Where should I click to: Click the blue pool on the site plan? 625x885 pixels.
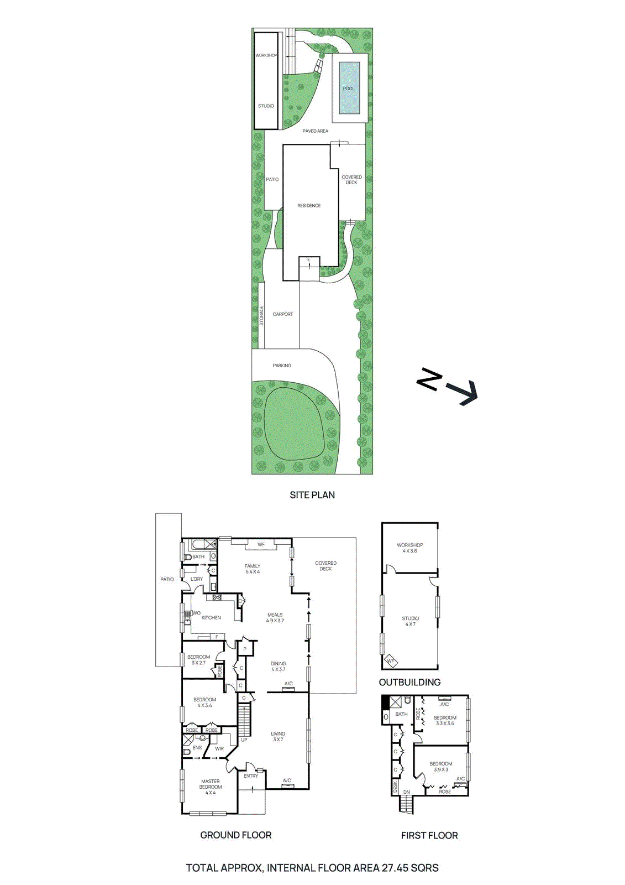click(x=349, y=87)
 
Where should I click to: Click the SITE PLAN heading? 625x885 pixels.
click(x=312, y=495)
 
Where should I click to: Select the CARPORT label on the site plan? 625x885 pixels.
click(x=282, y=314)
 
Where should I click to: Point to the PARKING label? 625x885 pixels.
click(x=282, y=366)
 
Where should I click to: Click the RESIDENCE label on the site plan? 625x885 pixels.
click(x=309, y=206)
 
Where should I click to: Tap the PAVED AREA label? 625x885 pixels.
click(x=315, y=131)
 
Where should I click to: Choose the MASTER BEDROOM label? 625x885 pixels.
click(x=211, y=787)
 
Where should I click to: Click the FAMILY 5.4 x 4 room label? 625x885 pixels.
click(x=253, y=569)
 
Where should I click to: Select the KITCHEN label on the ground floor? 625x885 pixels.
click(x=211, y=618)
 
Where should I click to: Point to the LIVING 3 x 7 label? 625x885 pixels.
click(x=278, y=736)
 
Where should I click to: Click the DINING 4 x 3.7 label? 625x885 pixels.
click(x=279, y=666)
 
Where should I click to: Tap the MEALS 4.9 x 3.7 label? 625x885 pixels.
click(x=275, y=617)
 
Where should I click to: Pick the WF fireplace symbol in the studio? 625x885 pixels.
click(x=391, y=660)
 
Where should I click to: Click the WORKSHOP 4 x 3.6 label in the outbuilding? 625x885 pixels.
click(x=410, y=548)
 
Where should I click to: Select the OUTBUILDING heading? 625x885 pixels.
click(x=410, y=682)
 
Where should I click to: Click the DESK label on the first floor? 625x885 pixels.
click(x=395, y=787)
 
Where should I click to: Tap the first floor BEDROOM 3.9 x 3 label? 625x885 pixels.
click(x=441, y=766)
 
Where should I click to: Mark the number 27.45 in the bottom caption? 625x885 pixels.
click(x=393, y=868)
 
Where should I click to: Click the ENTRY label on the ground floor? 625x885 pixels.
click(x=251, y=776)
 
